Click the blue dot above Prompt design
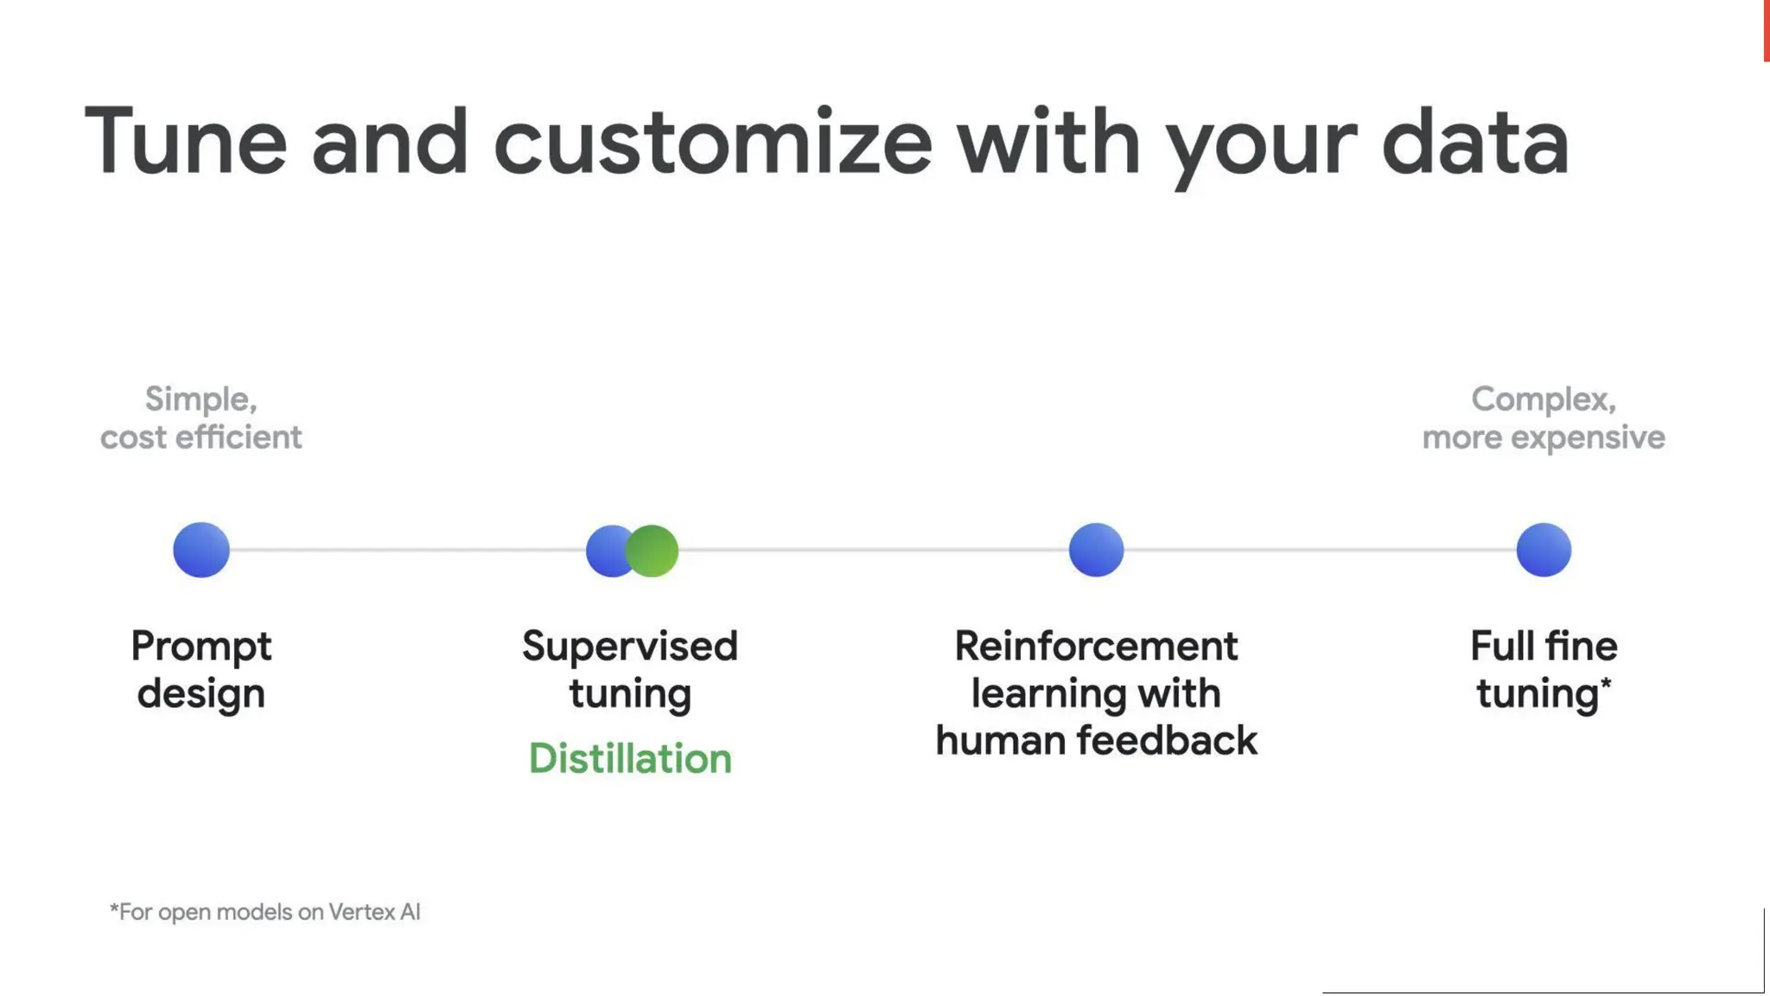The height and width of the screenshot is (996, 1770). (x=201, y=550)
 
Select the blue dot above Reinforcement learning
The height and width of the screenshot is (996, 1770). (x=1096, y=550)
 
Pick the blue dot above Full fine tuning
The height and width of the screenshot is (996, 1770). (x=1544, y=550)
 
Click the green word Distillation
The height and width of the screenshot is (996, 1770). (x=630, y=758)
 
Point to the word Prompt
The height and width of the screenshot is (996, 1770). (x=201, y=647)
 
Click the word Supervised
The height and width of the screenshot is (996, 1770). (x=630, y=647)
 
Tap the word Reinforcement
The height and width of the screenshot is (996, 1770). (x=1096, y=647)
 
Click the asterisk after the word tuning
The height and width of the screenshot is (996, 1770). (x=1606, y=683)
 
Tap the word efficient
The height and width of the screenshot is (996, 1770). (x=239, y=437)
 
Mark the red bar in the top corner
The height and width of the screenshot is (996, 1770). (x=1766, y=30)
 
